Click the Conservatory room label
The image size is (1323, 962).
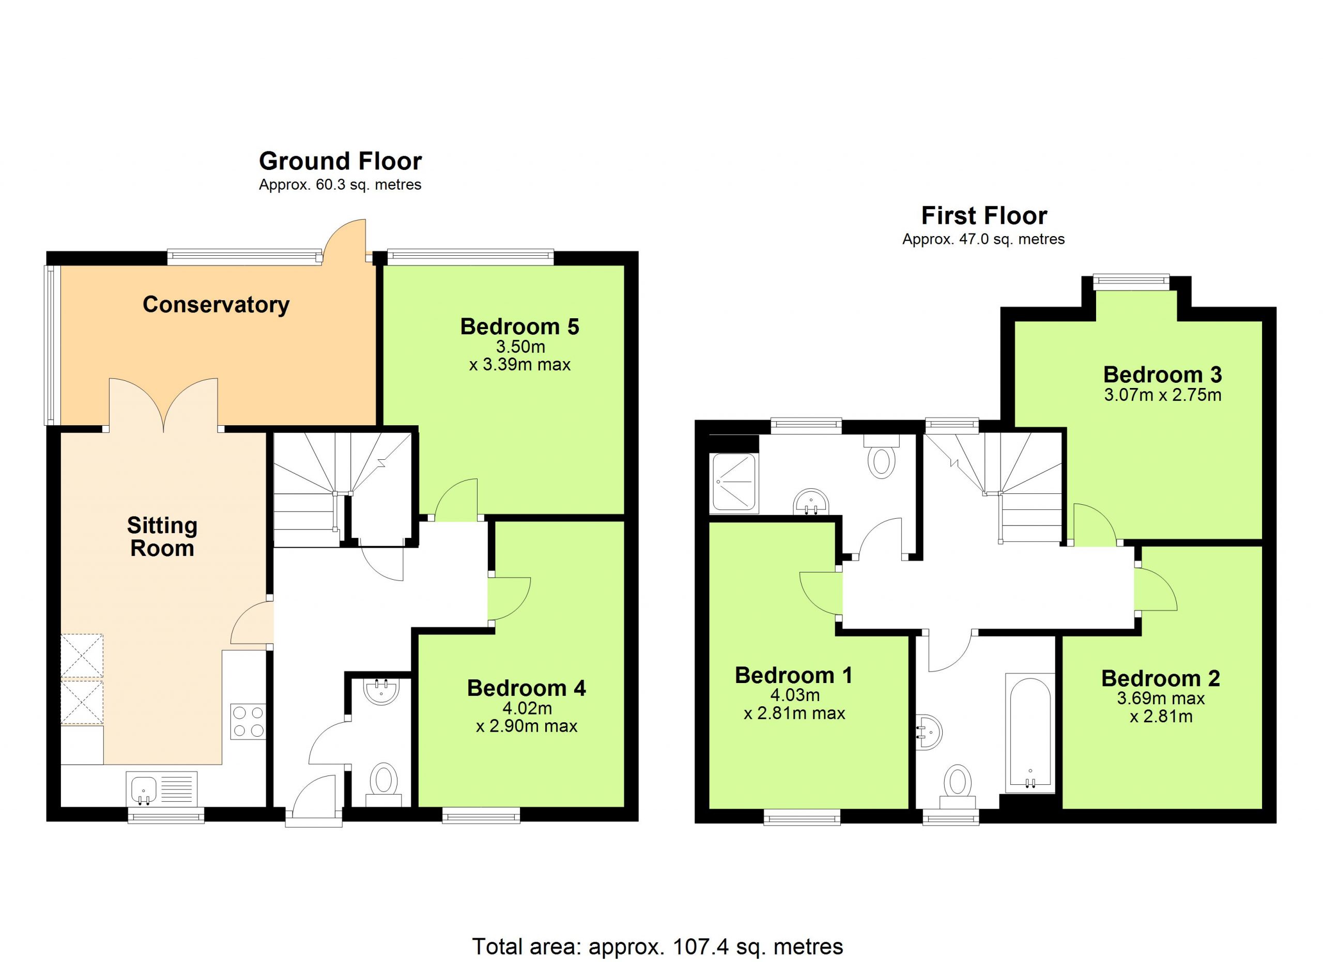pyautogui.click(x=216, y=305)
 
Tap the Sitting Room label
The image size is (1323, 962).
pyautogui.click(x=162, y=537)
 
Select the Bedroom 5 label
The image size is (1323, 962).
pyautogui.click(x=520, y=327)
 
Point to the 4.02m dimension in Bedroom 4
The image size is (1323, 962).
pyautogui.click(x=527, y=708)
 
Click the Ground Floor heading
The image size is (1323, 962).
pyautogui.click(x=340, y=161)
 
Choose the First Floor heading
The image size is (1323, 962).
pyautogui.click(x=983, y=216)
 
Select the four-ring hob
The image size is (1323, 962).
pyautogui.click(x=248, y=722)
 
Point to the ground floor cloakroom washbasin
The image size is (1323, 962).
pyautogui.click(x=381, y=691)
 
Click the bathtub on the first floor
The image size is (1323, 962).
pyautogui.click(x=1029, y=733)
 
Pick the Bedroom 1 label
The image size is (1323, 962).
pyautogui.click(x=793, y=675)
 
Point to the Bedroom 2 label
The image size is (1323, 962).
pyautogui.click(x=1160, y=678)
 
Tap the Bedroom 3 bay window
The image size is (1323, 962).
pyautogui.click(x=1131, y=283)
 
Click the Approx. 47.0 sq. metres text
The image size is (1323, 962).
pyautogui.click(x=983, y=239)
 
